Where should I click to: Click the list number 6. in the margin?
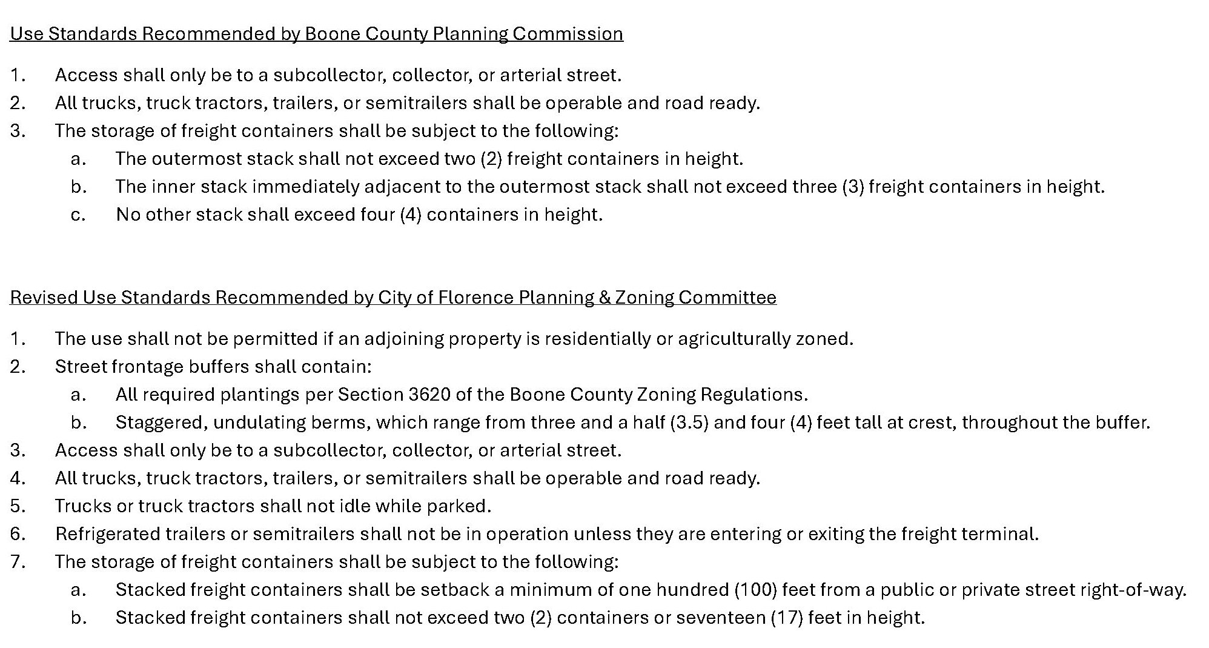coord(18,534)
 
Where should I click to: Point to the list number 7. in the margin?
coord(18,562)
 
